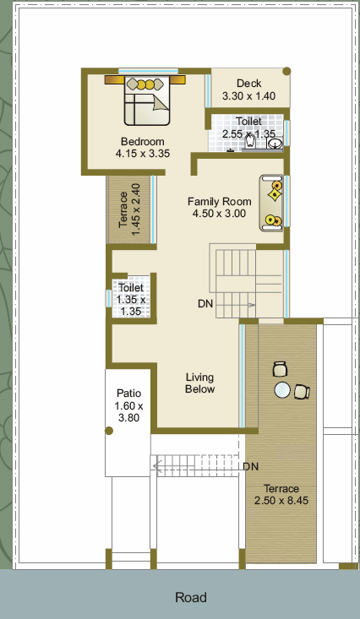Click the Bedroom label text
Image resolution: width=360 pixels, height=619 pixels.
[x=143, y=141]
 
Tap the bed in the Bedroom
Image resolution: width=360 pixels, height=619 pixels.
[x=147, y=100]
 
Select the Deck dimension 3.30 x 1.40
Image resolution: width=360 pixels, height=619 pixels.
[x=248, y=96]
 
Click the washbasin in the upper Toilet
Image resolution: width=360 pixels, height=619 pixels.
[x=275, y=144]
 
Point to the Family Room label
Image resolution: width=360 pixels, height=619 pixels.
[x=220, y=202]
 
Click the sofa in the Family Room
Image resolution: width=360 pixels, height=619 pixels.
[x=272, y=203]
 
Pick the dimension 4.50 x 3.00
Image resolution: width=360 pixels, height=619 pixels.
[x=219, y=214]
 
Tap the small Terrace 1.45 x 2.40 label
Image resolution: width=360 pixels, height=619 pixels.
[x=129, y=209]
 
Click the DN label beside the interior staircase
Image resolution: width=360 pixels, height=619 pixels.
[x=205, y=304]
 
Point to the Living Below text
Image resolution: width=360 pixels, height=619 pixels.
[x=200, y=383]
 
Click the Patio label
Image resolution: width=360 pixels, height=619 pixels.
[x=128, y=394]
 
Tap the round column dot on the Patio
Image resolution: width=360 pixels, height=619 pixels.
[x=109, y=431]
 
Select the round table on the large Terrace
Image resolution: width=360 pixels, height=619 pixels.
[x=282, y=390]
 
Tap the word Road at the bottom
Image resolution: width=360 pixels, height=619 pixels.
[x=191, y=597]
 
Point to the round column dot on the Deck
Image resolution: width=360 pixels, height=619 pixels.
[x=286, y=72]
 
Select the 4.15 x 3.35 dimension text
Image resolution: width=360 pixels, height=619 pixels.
[x=143, y=153]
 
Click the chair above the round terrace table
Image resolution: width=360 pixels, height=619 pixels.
[x=281, y=369]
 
